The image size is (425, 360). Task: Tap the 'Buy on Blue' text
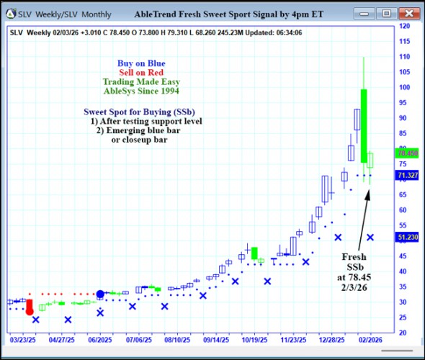[x=140, y=63]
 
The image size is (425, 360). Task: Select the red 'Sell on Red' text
[x=140, y=73]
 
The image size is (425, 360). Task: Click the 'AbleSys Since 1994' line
[x=140, y=91]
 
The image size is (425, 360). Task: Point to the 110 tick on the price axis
[x=405, y=57]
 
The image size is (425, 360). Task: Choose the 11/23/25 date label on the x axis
[x=293, y=338]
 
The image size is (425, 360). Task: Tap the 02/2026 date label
[x=371, y=338]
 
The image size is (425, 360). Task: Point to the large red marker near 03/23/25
[x=29, y=307]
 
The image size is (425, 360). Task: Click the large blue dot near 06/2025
[x=101, y=294]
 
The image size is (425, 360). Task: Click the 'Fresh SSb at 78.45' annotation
[x=354, y=271]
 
